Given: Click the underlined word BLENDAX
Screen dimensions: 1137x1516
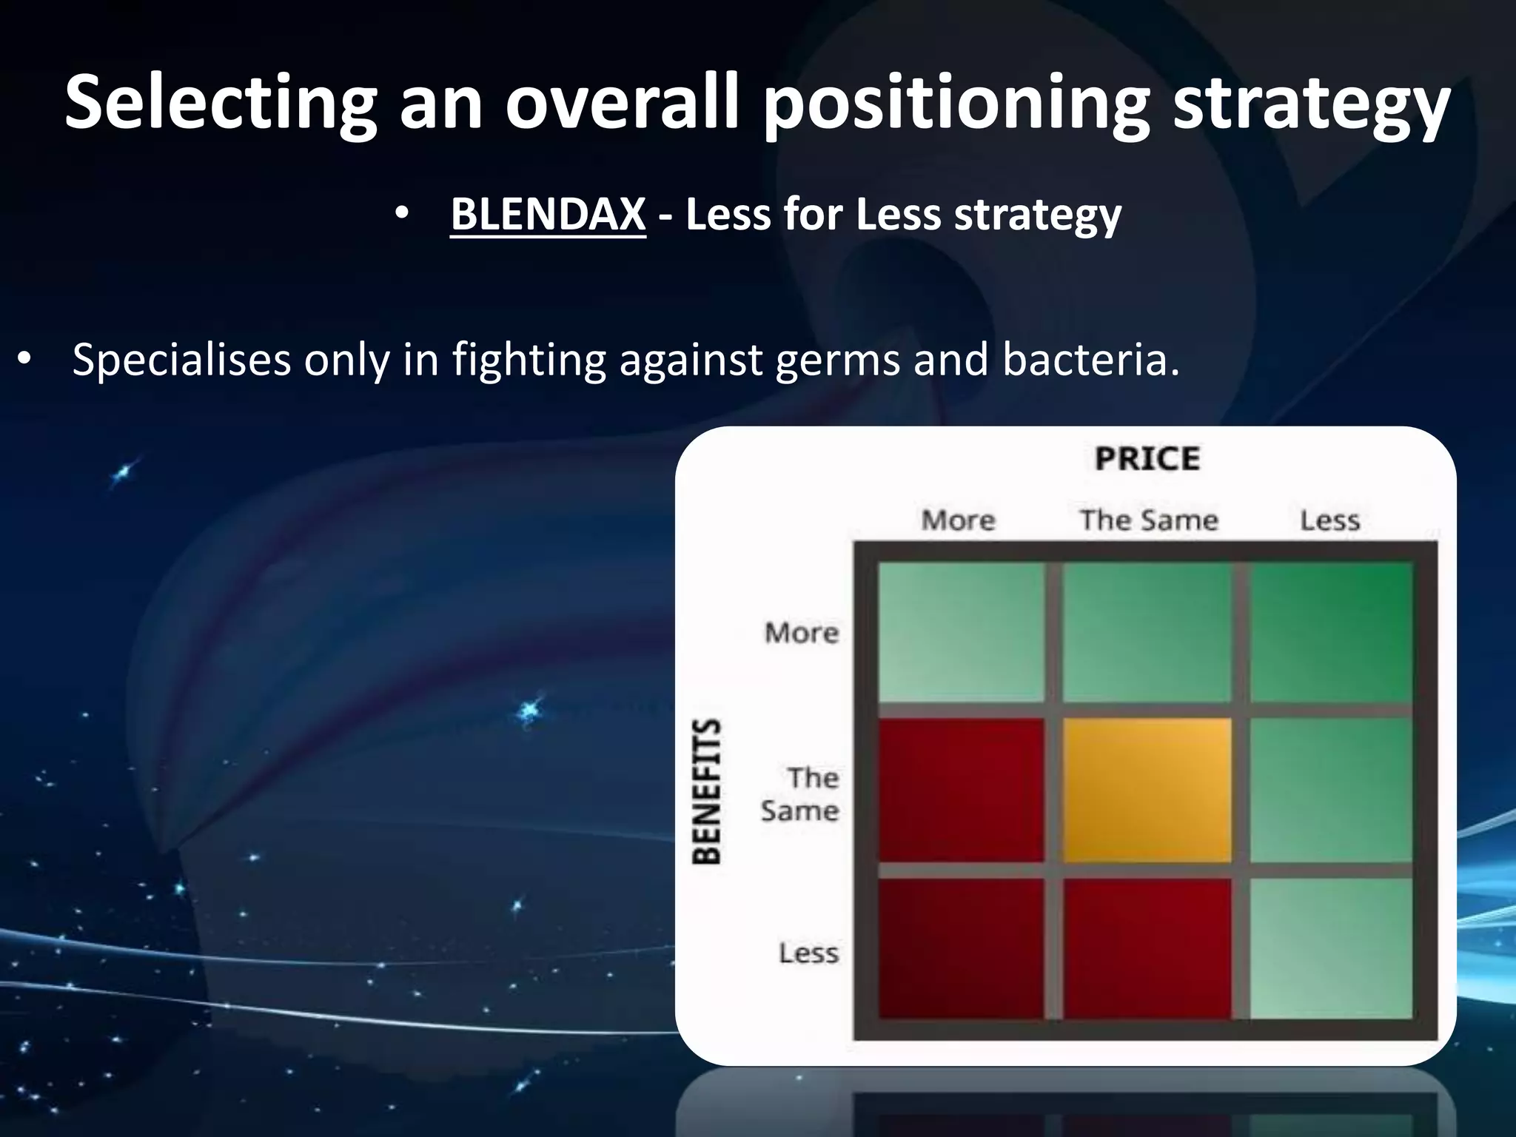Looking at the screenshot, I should [x=548, y=215].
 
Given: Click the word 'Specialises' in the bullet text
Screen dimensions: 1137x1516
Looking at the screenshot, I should [x=181, y=360].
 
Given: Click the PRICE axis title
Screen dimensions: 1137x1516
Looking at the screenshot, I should [x=1147, y=459].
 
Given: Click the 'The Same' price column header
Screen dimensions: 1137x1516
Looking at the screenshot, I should [x=1149, y=520].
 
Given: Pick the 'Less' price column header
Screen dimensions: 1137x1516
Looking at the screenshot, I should [x=1330, y=520].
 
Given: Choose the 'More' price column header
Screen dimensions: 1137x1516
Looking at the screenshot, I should [x=959, y=520].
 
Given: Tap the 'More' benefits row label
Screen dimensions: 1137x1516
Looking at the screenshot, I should [x=802, y=633].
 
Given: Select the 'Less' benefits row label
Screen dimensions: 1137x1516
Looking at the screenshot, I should [x=808, y=953].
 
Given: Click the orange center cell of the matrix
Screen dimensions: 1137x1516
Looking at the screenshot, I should [x=1147, y=790].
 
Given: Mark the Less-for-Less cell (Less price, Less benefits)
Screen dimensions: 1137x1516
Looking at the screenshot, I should [x=1330, y=949].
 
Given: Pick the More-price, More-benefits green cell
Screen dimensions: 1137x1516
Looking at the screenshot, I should [x=961, y=632].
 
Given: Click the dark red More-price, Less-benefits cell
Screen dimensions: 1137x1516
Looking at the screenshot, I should [x=961, y=949].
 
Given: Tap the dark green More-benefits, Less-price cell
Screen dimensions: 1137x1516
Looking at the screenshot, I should [x=1330, y=632].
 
